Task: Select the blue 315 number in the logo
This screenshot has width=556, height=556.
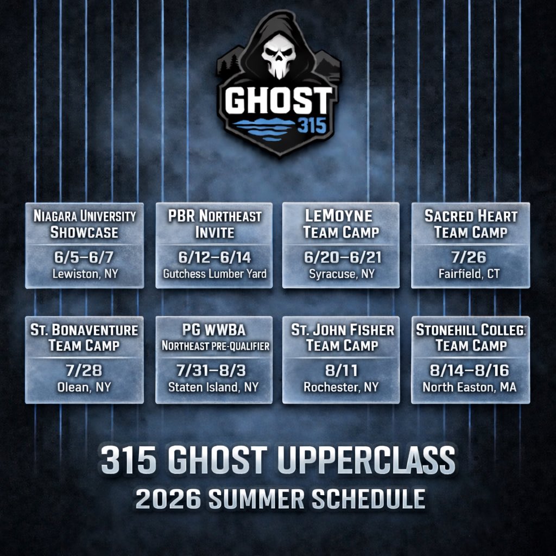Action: click(312, 127)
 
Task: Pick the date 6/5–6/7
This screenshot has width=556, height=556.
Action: click(85, 257)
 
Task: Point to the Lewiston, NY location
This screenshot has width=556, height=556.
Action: click(85, 274)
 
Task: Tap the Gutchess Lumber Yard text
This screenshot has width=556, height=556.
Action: click(214, 274)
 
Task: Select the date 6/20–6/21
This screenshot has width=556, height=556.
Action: click(341, 257)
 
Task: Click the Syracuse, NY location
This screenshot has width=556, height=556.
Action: click(341, 274)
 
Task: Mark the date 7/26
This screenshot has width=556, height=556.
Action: click(471, 257)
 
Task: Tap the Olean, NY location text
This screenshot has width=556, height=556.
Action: click(85, 387)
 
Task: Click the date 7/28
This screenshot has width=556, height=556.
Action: click(85, 371)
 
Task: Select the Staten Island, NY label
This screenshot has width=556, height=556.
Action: click(214, 387)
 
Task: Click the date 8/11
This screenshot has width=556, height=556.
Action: click(341, 371)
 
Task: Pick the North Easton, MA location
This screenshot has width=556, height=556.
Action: click(471, 387)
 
